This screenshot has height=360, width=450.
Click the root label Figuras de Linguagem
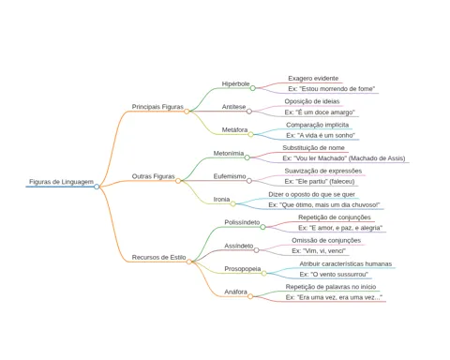tap(61, 182)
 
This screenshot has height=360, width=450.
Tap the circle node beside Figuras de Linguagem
tap(97, 187)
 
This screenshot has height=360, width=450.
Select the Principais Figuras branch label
tap(157, 107)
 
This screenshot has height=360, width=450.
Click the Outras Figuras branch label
tap(153, 176)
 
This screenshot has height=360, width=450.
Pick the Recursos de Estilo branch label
tap(158, 257)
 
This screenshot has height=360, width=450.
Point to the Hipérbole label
tap(235, 83)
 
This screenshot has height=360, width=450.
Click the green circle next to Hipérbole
tap(253, 88)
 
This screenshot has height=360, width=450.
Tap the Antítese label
tap(233, 107)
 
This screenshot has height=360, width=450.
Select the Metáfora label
tap(234, 129)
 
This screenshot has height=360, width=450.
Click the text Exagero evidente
tap(313, 78)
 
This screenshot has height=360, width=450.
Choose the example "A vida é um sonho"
tap(321, 135)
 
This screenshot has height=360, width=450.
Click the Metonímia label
tap(229, 153)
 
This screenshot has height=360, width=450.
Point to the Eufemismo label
tap(230, 176)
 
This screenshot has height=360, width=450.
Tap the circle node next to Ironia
tap(233, 204)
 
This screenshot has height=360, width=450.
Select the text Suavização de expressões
tap(323, 171)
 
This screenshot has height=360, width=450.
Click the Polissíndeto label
tap(242, 222)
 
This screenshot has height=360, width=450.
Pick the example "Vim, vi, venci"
tap(319, 250)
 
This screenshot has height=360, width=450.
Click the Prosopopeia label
tap(243, 269)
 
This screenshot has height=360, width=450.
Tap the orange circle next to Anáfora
tap(250, 296)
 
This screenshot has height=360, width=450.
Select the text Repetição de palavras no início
tap(331, 287)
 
